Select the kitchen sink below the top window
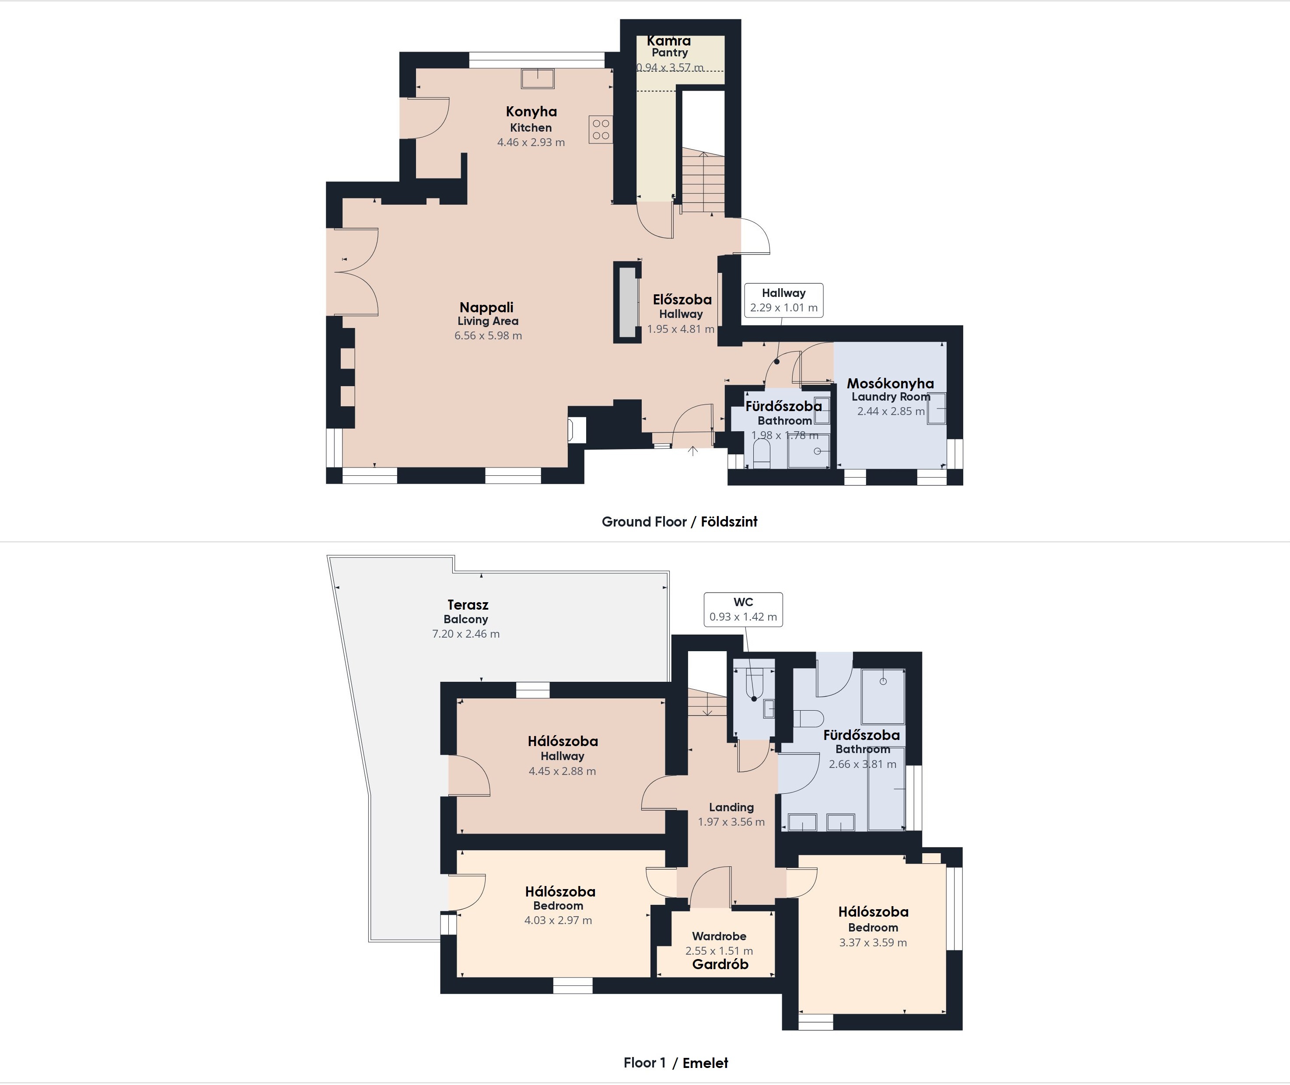click(x=538, y=79)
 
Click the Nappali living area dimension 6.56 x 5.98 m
click(x=488, y=336)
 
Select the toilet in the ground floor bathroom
click(x=762, y=454)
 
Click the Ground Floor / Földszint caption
click(x=679, y=522)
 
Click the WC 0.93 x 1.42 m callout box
click(x=743, y=610)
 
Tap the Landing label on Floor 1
click(x=731, y=807)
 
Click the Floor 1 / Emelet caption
click(x=675, y=1063)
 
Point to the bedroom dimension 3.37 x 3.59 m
click(x=873, y=942)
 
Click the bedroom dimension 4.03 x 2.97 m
click(x=558, y=920)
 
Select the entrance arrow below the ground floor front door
click(x=692, y=451)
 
